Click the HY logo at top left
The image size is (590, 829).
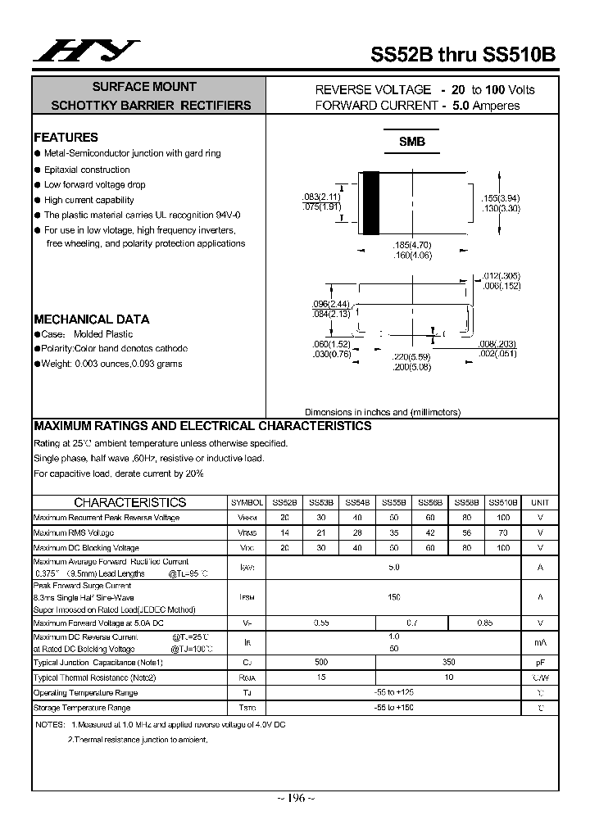click(x=86, y=52)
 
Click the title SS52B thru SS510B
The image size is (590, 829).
click(x=463, y=54)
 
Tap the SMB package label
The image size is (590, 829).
click(x=411, y=142)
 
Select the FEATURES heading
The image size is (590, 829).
click(x=66, y=138)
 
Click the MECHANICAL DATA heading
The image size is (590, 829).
click(x=91, y=319)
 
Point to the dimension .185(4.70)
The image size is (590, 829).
click(x=411, y=246)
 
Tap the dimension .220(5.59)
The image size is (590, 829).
click(x=411, y=357)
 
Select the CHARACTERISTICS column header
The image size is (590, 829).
click(x=129, y=502)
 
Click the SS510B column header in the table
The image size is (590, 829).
click(x=503, y=502)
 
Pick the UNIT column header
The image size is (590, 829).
click(x=540, y=502)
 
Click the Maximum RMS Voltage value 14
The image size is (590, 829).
click(x=284, y=532)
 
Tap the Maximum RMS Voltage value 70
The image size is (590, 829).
click(x=503, y=532)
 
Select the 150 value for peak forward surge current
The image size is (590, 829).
click(x=393, y=597)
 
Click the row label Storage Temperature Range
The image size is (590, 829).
click(x=82, y=707)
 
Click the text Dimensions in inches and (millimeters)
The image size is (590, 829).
click(x=383, y=412)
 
